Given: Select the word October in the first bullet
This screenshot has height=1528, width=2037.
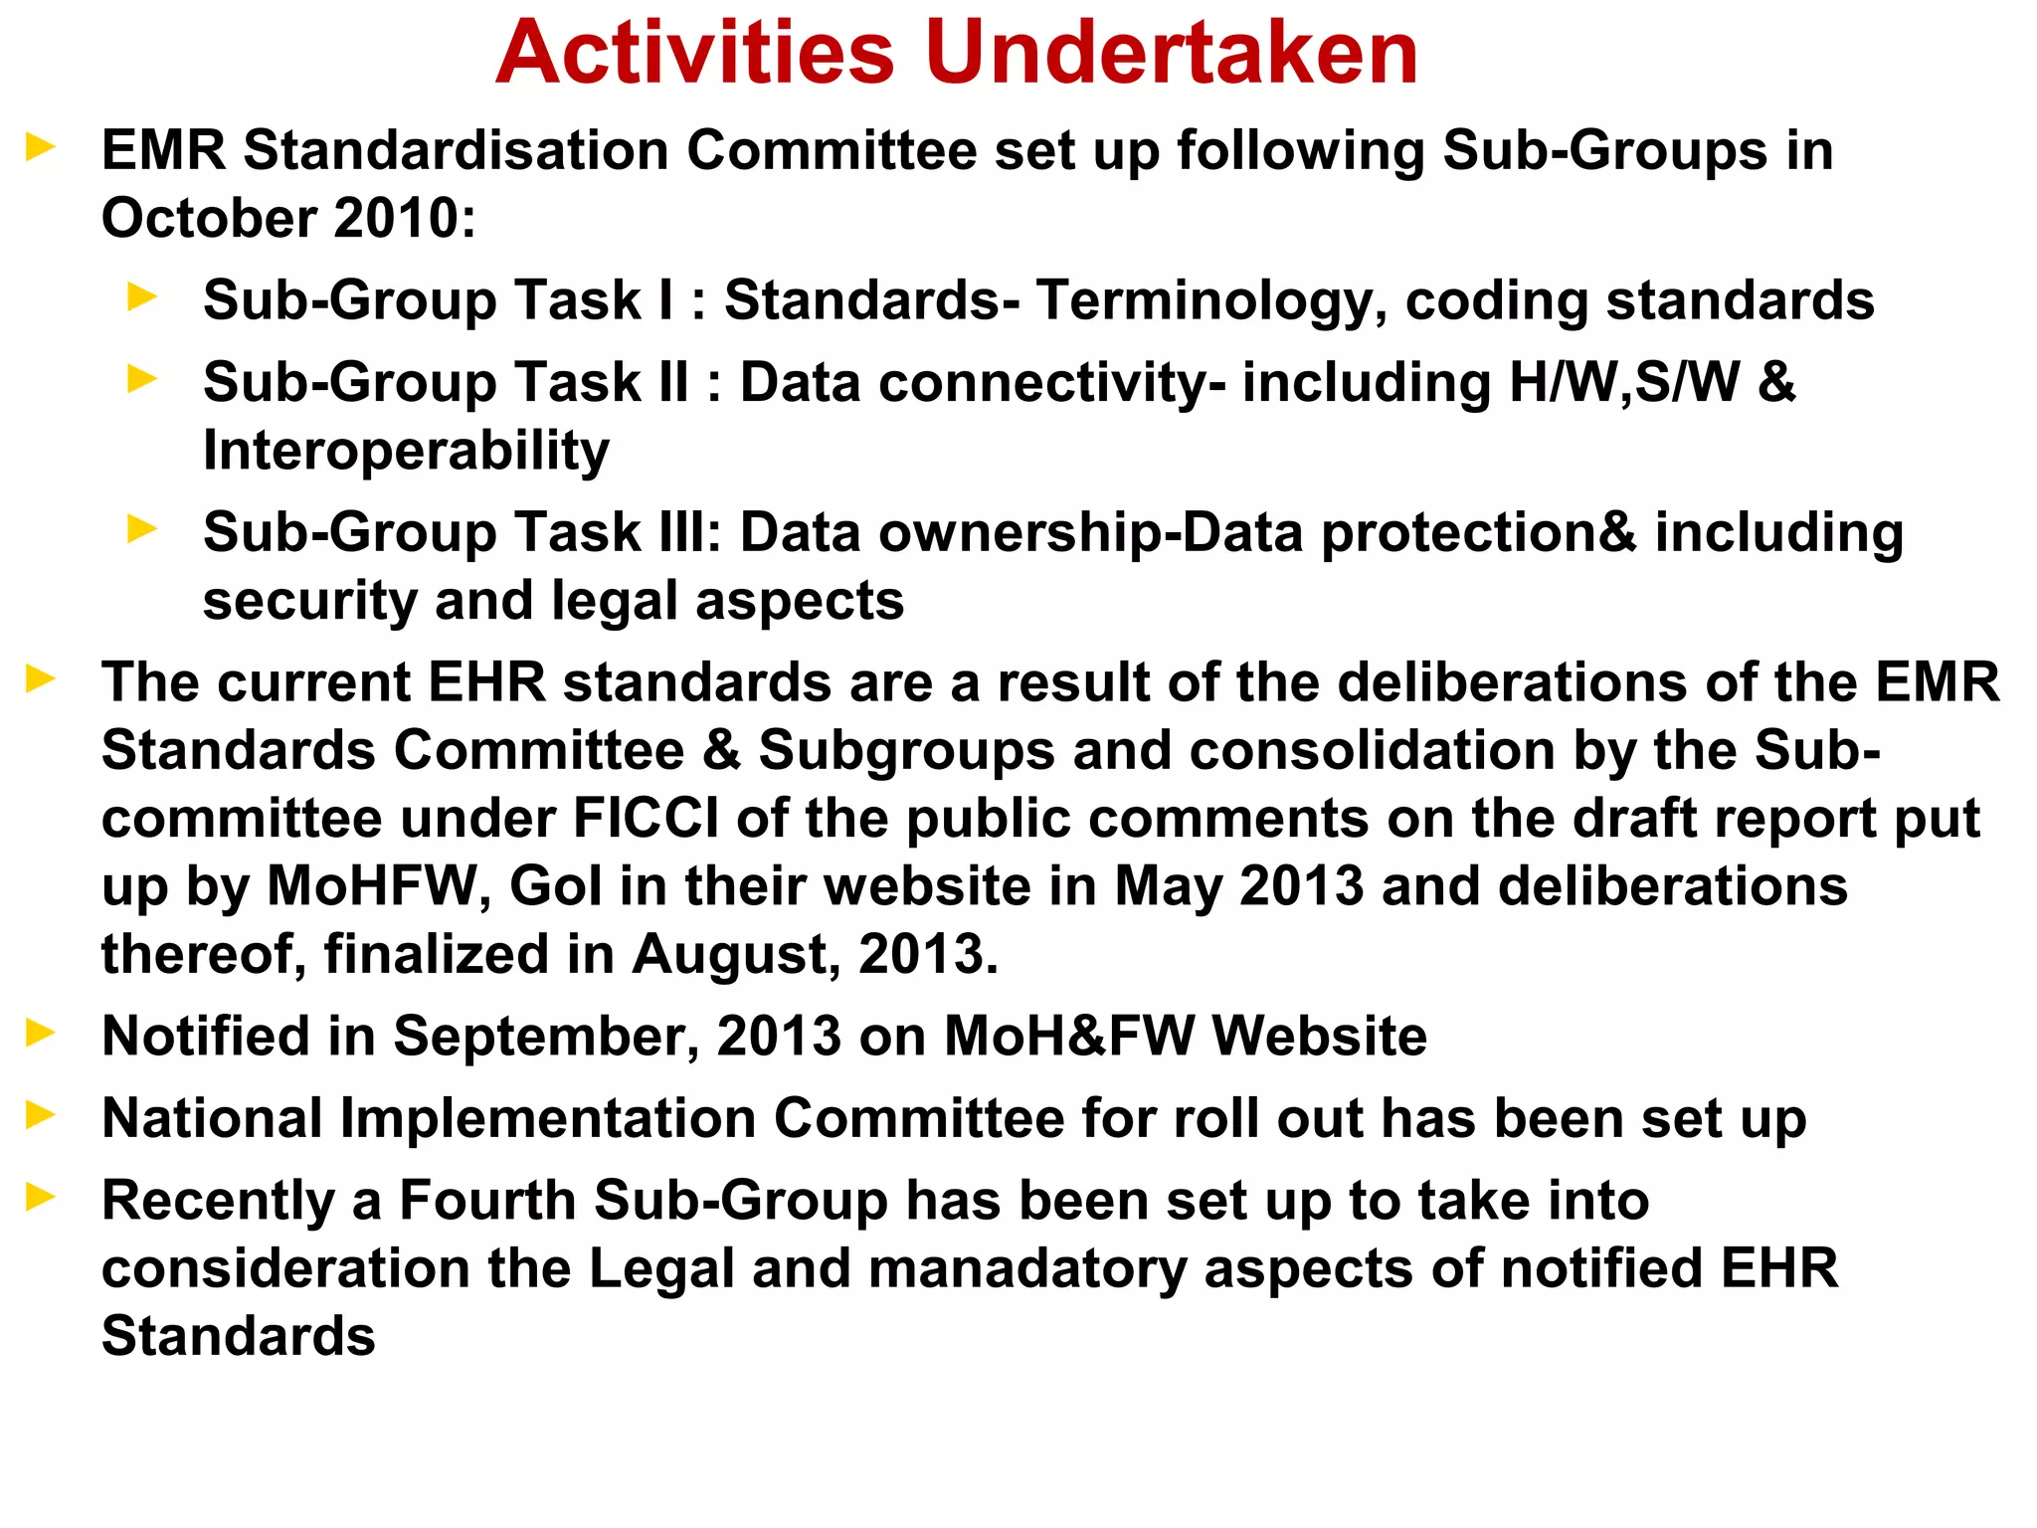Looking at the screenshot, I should click(x=207, y=218).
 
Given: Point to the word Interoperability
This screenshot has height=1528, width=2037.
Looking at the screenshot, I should click(x=406, y=452).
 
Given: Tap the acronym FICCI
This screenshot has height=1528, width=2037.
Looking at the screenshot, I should click(x=646, y=819).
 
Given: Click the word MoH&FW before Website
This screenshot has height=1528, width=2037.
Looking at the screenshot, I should click(x=1069, y=1037).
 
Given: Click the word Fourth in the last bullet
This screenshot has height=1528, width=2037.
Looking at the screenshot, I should click(x=487, y=1201).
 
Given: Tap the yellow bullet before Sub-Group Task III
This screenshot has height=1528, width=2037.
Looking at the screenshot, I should click(x=142, y=529).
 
